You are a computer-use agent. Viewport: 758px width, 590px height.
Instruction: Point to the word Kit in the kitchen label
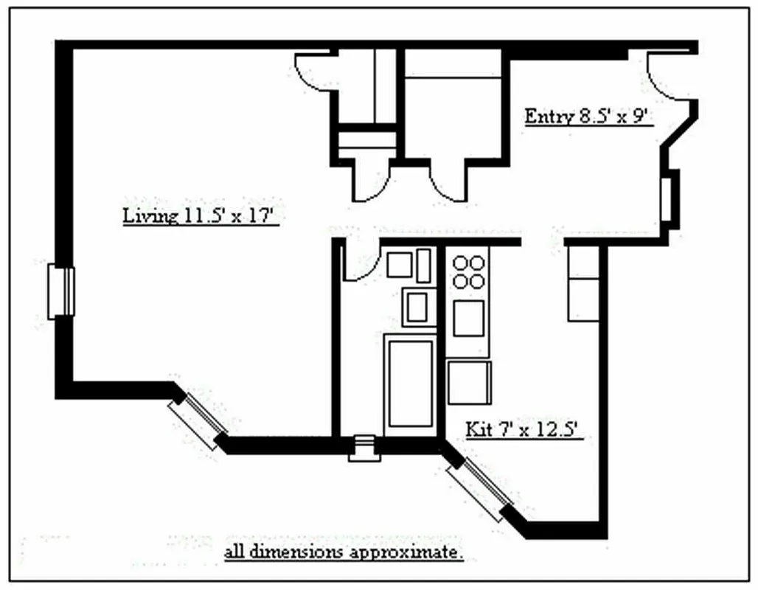pos(476,430)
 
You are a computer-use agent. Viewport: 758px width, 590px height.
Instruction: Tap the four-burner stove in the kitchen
pos(469,271)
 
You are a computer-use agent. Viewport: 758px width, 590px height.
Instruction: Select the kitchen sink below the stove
pos(468,318)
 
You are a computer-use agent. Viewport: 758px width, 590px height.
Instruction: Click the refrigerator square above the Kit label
pos(469,382)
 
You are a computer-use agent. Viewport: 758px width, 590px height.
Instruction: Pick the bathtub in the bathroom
pos(411,383)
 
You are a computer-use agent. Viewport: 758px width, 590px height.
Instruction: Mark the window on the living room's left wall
pos(61,292)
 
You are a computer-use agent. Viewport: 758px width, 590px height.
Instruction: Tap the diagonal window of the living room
pos(198,420)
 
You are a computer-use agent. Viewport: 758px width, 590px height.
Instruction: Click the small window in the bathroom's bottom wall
pos(364,448)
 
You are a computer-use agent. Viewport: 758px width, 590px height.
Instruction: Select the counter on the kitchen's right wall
pos(583,283)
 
